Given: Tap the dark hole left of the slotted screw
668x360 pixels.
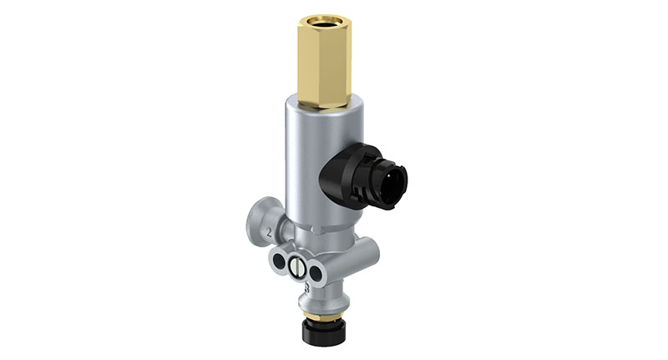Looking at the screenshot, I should coord(278,266).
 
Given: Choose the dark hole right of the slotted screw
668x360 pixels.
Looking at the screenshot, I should coord(316,272).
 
